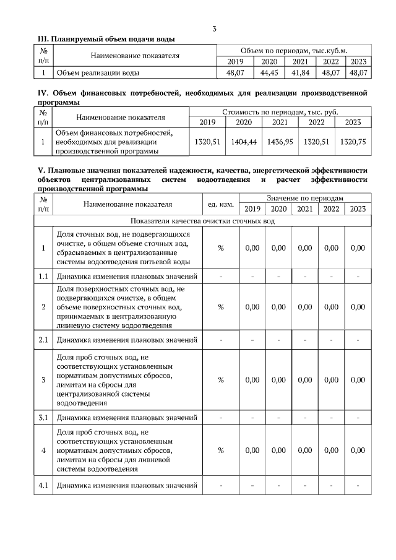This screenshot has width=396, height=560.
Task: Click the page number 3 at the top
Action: click(x=214, y=28)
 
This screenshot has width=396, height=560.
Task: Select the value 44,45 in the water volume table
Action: click(x=269, y=72)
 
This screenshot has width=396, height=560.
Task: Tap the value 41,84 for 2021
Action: click(x=300, y=72)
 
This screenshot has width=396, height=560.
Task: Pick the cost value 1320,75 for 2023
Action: click(x=353, y=142)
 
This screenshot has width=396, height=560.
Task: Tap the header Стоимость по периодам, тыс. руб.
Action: click(x=280, y=111)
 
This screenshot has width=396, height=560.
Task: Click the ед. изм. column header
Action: click(x=220, y=203)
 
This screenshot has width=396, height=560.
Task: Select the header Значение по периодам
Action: click(x=305, y=197)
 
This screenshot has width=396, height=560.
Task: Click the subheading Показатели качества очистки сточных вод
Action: click(x=202, y=221)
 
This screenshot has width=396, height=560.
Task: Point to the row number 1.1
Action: click(x=43, y=277)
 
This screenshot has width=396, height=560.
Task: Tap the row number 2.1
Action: click(x=43, y=340)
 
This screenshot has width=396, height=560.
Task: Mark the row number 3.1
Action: click(x=43, y=418)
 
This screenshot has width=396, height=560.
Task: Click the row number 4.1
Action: click(x=43, y=485)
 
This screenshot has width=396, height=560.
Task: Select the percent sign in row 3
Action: click(x=220, y=379)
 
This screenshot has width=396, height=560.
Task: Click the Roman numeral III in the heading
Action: click(x=43, y=38)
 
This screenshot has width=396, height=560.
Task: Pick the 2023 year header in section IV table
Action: click(x=353, y=122)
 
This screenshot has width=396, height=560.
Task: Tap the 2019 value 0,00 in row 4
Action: click(x=252, y=450)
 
